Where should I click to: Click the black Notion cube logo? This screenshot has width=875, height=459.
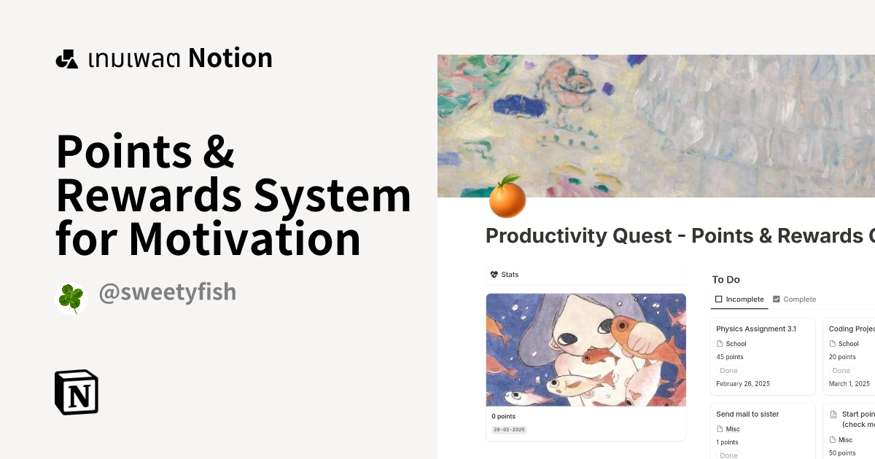[77, 392]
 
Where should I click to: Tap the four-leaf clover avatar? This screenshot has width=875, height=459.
[71, 299]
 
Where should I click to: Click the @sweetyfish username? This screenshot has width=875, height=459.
[167, 292]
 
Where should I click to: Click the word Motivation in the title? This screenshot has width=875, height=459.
[245, 239]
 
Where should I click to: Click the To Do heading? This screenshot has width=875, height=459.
[726, 279]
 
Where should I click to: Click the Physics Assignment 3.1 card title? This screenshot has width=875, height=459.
[756, 329]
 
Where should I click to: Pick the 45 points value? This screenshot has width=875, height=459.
[730, 357]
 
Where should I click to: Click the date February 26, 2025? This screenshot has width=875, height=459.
[743, 383]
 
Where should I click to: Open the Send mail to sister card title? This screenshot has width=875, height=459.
[747, 414]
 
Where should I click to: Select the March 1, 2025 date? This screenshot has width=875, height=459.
[849, 383]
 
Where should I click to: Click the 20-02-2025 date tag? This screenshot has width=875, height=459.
[509, 430]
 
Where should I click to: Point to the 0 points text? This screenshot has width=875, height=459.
[503, 416]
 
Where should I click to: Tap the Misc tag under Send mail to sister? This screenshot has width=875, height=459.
[733, 429]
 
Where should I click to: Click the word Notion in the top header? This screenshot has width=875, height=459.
[230, 58]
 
